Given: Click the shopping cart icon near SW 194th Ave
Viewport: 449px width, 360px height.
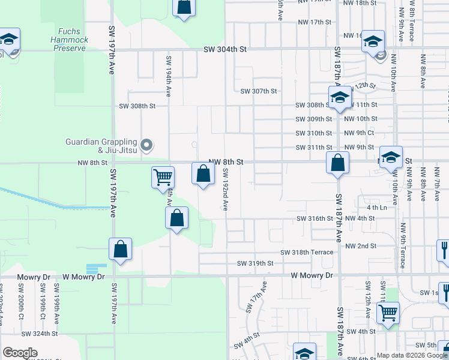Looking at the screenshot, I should (163, 178).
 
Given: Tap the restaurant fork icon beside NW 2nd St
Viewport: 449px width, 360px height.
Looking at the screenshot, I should (445, 249).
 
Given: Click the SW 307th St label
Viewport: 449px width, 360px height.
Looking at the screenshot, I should (259, 91).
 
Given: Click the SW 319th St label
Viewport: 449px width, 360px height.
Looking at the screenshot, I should (255, 263).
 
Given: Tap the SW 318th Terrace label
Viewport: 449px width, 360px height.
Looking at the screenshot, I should (309, 253).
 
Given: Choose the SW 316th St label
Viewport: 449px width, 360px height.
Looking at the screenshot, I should (315, 218).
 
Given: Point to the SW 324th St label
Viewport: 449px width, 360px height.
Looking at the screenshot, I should (39, 333).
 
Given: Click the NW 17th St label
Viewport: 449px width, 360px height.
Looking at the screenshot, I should (315, 22).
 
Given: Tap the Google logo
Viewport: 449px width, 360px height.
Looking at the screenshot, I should (20, 352).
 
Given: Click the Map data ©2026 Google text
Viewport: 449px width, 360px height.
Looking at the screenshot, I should (412, 355).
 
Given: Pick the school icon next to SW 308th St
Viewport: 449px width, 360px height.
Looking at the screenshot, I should (339, 98).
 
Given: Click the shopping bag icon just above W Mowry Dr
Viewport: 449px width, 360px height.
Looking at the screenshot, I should (120, 250).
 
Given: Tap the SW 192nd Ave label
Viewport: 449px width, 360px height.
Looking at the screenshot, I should (226, 190).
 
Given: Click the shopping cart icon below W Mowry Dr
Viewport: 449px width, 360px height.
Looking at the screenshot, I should (388, 312).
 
